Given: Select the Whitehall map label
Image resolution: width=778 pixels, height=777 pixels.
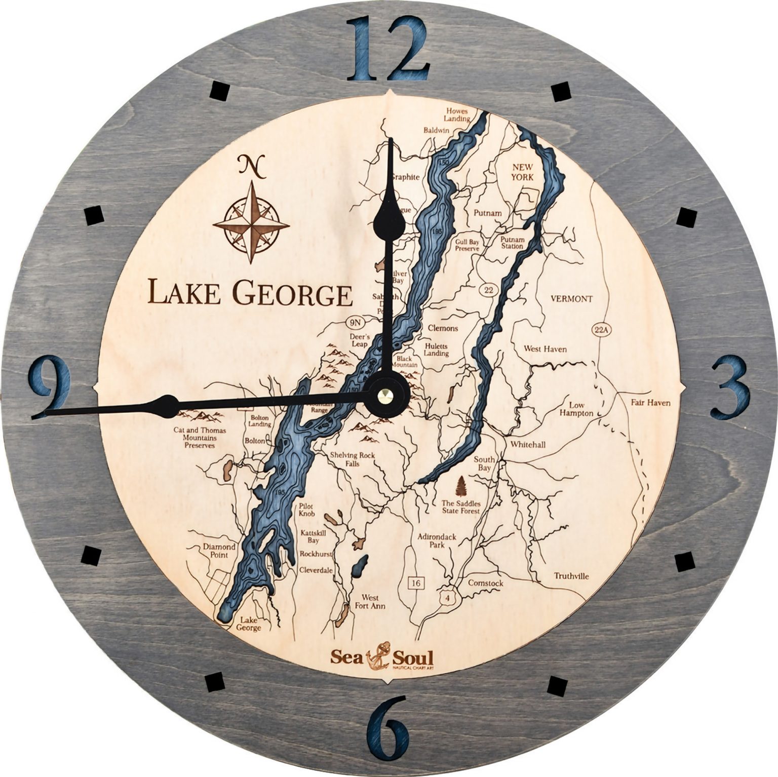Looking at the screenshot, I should coord(528,444).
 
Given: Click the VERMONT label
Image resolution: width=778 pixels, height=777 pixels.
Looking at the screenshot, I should coord(571,299).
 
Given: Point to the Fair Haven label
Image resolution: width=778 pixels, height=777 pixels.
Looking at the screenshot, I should coord(650,403).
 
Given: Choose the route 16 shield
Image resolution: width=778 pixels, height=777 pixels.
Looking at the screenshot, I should coord(416,583).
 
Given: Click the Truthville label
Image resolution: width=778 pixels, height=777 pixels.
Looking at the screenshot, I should coord(571,576).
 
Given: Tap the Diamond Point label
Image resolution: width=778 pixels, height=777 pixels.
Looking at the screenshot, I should coord(219,551).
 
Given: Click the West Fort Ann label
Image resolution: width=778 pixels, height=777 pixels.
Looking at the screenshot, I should coord(373,602).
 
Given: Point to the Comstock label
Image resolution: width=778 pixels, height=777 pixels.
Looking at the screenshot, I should coord(485,584).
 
